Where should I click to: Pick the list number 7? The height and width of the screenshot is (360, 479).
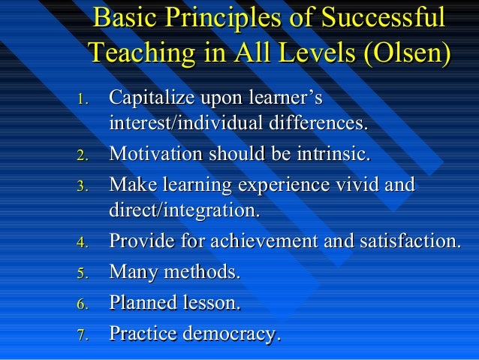pos(84,334)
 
